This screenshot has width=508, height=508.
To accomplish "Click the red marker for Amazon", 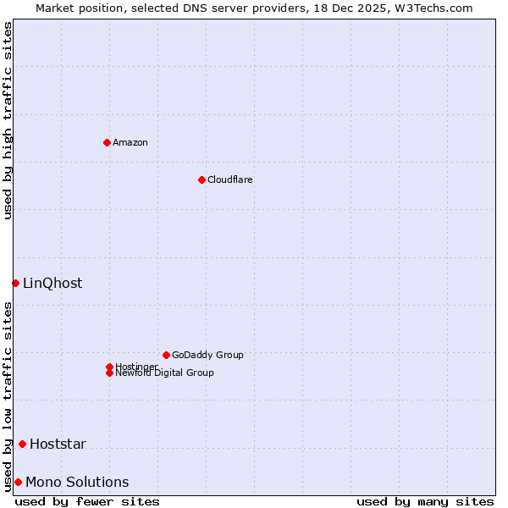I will click(107, 142).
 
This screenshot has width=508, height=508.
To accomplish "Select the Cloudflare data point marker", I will click(202, 179).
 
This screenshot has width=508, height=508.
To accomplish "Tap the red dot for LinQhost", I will click(15, 283).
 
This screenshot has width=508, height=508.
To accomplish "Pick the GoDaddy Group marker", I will click(166, 355).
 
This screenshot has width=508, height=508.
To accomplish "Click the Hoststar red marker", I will click(22, 444).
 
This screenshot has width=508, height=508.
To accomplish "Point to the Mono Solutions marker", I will click(18, 482).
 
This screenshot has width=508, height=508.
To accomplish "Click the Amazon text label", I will click(130, 142).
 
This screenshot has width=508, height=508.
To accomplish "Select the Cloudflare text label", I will click(229, 179).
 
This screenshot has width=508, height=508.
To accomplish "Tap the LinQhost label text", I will click(52, 284).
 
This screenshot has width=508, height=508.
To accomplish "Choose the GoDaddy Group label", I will click(207, 355).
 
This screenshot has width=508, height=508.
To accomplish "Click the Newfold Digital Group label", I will click(164, 373).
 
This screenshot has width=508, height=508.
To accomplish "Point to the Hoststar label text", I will click(58, 444).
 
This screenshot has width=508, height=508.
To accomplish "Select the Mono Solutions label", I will click(77, 483).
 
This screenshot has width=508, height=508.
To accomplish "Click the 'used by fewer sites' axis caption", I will click(87, 501).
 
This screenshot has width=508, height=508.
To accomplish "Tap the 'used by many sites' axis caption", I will click(425, 501).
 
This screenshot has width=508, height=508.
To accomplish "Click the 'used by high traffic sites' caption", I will click(8, 120).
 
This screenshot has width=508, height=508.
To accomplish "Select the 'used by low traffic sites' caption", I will click(8, 396).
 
